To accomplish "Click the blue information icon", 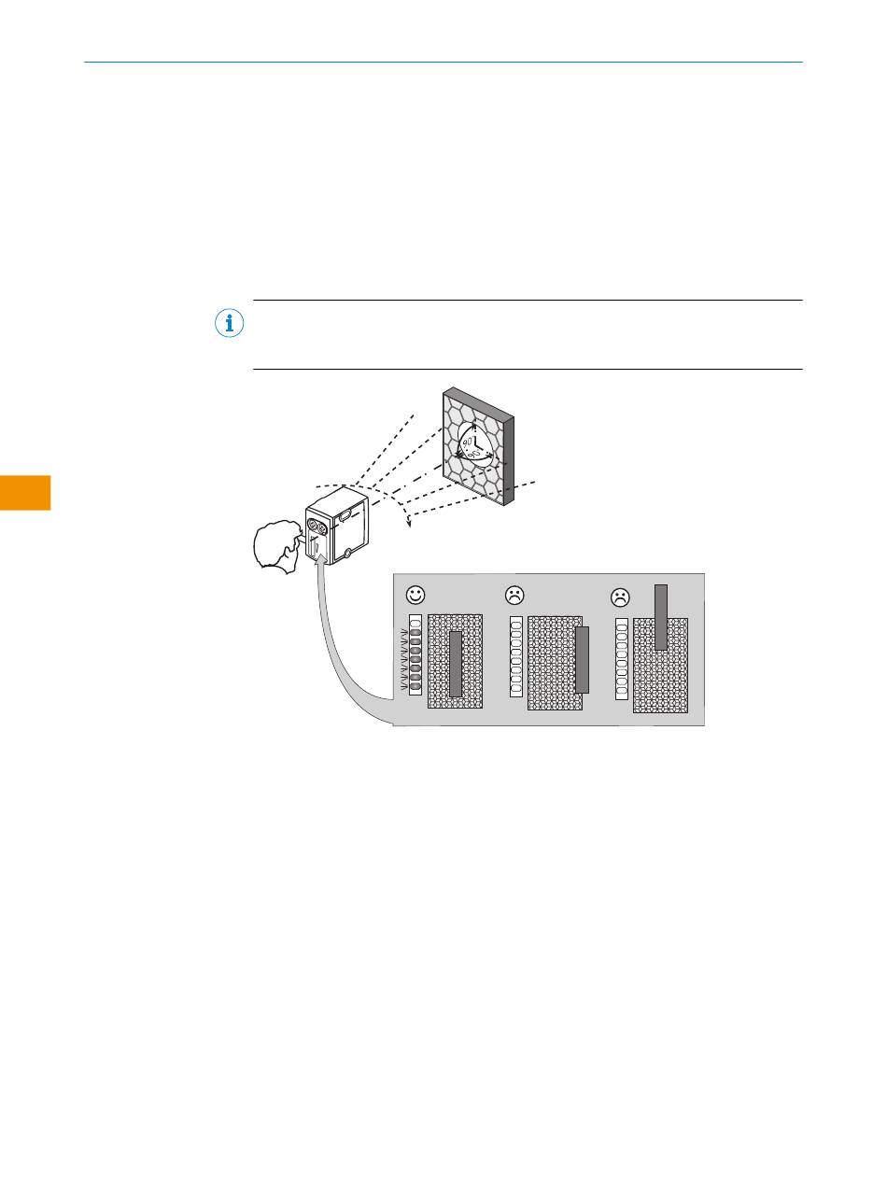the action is pos(229,323).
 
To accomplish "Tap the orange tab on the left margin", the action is pos(25,492).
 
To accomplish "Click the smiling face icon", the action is pos(415,595).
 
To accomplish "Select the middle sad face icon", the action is pos(514,594).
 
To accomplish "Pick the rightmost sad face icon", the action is pos(620,597).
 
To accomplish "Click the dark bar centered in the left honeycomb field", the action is pos(456,664).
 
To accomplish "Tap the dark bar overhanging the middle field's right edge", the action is pos(582,660).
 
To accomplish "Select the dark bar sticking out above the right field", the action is pos(661,617).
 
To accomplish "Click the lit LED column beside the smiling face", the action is pos(416,654).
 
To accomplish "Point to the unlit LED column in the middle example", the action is pos(515,656).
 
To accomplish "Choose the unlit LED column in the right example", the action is pos(621,658).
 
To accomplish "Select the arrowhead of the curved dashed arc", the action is pos(408,523).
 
